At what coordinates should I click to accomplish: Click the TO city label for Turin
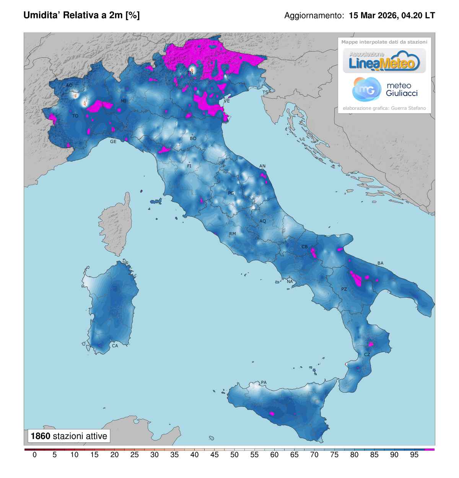(75, 116)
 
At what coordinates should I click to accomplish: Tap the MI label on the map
(124, 101)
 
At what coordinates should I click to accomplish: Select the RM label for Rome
(233, 234)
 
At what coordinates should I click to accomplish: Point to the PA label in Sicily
(264, 382)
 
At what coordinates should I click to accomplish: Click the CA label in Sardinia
(115, 346)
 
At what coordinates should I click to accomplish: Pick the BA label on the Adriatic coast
(380, 263)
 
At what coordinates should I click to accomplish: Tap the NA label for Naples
(290, 282)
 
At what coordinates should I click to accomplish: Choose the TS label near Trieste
(265, 93)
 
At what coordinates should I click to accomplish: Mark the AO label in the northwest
(69, 85)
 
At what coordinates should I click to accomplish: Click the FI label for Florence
(189, 166)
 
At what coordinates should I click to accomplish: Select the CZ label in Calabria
(367, 355)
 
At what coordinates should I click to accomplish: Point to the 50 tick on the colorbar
(234, 455)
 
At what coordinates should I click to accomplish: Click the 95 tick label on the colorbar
(414, 455)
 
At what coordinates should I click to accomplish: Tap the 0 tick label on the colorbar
(34, 455)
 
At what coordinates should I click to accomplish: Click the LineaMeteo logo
(384, 61)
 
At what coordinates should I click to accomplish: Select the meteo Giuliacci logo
(384, 89)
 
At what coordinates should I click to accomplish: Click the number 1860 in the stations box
(41, 436)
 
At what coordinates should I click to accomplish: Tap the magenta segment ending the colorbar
(429, 449)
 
